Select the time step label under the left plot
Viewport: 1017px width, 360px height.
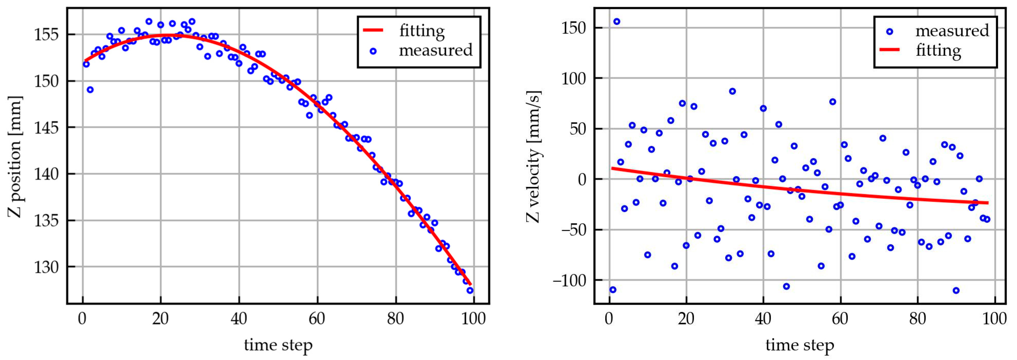(278, 345)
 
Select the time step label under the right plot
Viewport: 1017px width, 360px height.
(800, 345)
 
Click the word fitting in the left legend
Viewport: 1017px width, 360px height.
(422, 31)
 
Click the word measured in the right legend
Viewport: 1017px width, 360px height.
(952, 31)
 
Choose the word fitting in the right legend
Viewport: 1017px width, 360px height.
(938, 50)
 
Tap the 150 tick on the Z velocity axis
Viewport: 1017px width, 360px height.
(574, 28)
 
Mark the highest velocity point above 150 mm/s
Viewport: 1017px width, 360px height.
(616, 21)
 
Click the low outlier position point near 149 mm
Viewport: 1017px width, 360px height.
(90, 90)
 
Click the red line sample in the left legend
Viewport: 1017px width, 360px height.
(373, 30)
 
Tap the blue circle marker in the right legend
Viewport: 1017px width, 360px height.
(889, 32)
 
